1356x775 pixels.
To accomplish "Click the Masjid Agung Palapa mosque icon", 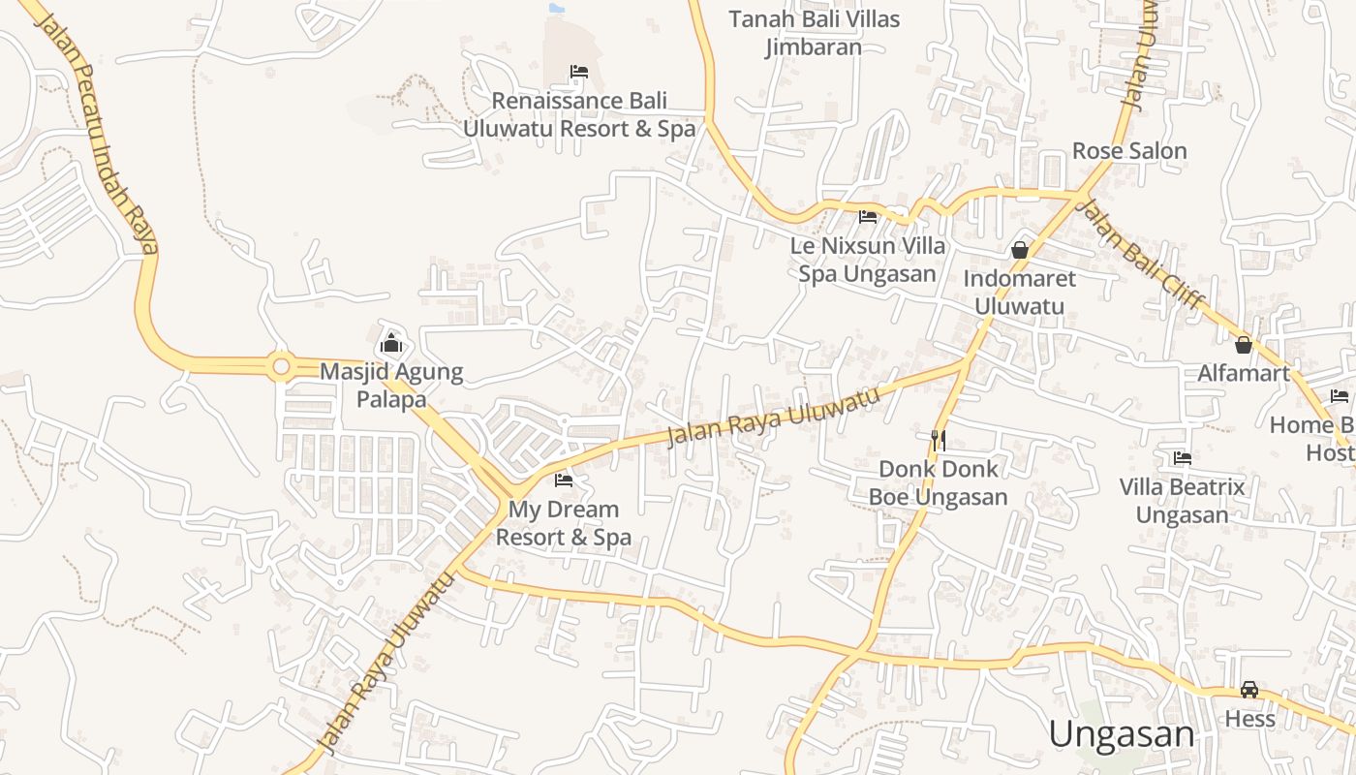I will (391, 343).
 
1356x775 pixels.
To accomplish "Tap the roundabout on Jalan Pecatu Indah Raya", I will (282, 366).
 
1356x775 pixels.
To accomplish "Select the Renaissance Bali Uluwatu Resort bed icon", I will (579, 72).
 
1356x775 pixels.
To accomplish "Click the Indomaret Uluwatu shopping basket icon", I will (1020, 250).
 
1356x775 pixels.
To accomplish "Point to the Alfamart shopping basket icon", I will (1244, 344).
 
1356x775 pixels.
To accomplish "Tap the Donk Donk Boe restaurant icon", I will (938, 440).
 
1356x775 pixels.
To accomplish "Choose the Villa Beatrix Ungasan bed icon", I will (1182, 458).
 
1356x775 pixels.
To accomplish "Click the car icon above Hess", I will (1249, 690).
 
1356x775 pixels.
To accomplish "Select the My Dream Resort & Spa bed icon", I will (564, 480).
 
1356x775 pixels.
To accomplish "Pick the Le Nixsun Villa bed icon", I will (868, 217).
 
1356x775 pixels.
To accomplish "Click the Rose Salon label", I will (1129, 151).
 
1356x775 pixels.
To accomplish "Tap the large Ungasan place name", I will (1122, 734).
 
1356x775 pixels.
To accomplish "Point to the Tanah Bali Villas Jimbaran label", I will (814, 33).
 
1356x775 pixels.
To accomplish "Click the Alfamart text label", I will (1244, 373).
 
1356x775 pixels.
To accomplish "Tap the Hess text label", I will (1249, 719).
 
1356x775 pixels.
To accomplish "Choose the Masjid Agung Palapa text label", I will (391, 385).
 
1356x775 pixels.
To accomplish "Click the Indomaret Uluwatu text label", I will (1019, 293).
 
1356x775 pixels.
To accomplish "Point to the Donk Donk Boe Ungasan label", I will (938, 482).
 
